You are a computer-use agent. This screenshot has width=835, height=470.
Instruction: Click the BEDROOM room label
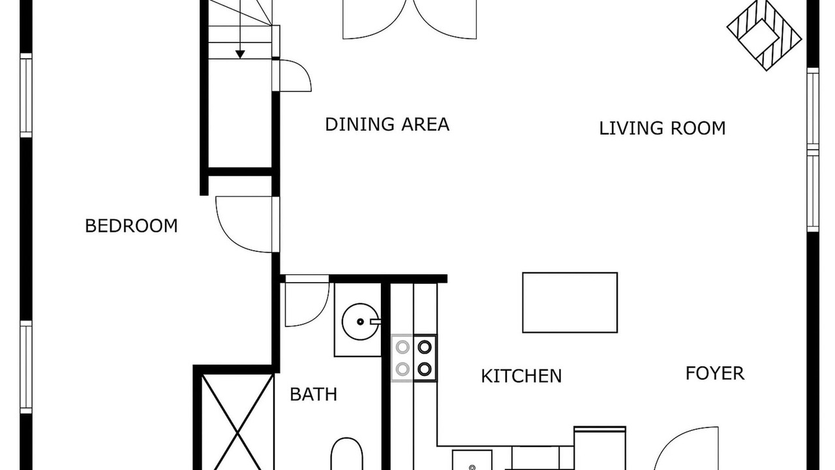131,226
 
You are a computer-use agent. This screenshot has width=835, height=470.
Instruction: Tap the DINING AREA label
387,124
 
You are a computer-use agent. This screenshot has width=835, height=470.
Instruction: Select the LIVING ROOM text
662,129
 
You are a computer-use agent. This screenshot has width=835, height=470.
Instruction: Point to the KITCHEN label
521,376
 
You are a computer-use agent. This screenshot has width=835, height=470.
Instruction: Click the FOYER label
715,373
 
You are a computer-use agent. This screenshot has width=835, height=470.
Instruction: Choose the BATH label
313,394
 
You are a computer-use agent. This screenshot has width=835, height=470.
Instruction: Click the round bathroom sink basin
360,322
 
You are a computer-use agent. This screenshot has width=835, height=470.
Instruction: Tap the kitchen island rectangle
569,302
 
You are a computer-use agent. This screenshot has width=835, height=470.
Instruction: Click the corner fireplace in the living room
764,35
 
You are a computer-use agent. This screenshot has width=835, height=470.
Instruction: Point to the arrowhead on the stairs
240,54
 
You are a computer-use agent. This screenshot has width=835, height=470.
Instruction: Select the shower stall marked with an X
237,422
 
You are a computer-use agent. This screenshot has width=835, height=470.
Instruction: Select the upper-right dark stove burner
425,347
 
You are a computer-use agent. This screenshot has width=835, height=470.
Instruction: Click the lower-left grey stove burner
402,369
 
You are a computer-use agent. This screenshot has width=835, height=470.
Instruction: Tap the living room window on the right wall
813,149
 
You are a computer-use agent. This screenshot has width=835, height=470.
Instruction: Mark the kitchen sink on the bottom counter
472,460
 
